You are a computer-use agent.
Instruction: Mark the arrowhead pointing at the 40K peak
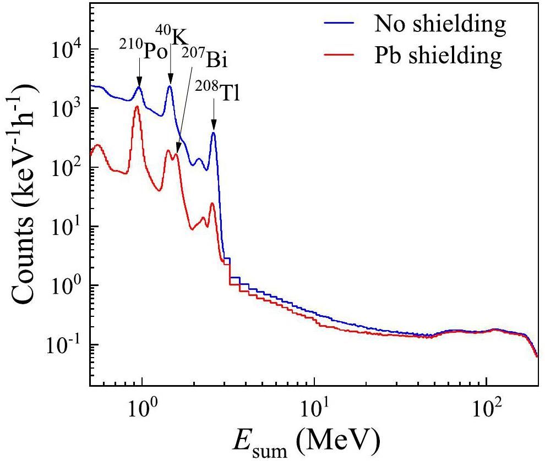click(170, 80)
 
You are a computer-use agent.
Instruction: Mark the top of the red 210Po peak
click(137, 107)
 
